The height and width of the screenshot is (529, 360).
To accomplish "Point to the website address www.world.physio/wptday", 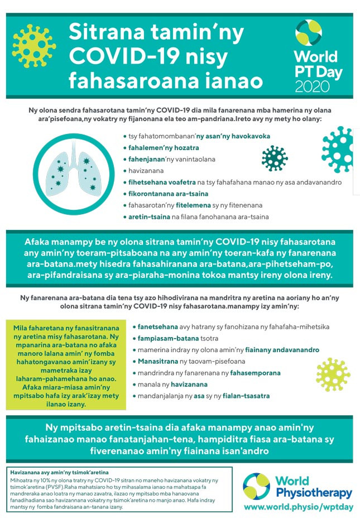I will click(297, 507).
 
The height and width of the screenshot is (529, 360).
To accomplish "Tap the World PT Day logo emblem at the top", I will click(309, 34).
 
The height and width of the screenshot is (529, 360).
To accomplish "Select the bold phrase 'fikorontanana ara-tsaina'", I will click(161, 194).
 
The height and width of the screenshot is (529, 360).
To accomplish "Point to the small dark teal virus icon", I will click(275, 158).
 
